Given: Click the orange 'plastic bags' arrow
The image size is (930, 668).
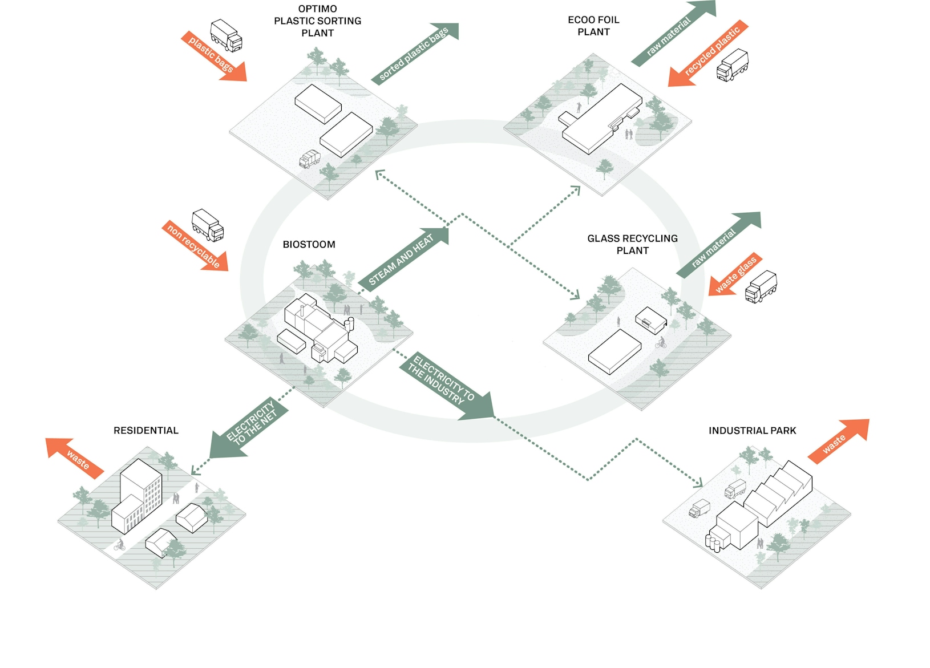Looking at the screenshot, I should tap(215, 56).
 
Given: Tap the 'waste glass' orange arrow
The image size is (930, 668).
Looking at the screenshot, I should tap(736, 274).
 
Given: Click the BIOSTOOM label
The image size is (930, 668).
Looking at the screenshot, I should tap(309, 244).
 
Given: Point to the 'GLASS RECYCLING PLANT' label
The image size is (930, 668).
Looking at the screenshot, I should tap(632, 244).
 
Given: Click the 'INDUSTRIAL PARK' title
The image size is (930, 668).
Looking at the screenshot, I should tap(752, 431).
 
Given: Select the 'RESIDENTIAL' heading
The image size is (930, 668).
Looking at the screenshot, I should tap(146, 431).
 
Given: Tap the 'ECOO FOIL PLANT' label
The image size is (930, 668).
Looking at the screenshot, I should tap(593, 26).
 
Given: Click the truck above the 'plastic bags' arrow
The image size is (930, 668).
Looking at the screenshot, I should tap(226, 35).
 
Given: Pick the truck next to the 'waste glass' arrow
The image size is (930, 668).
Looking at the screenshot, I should tap(761, 286).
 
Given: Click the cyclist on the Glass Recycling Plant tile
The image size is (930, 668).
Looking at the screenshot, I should tap(661, 343).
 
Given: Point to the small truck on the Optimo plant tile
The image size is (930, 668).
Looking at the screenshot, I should tap(310, 159).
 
